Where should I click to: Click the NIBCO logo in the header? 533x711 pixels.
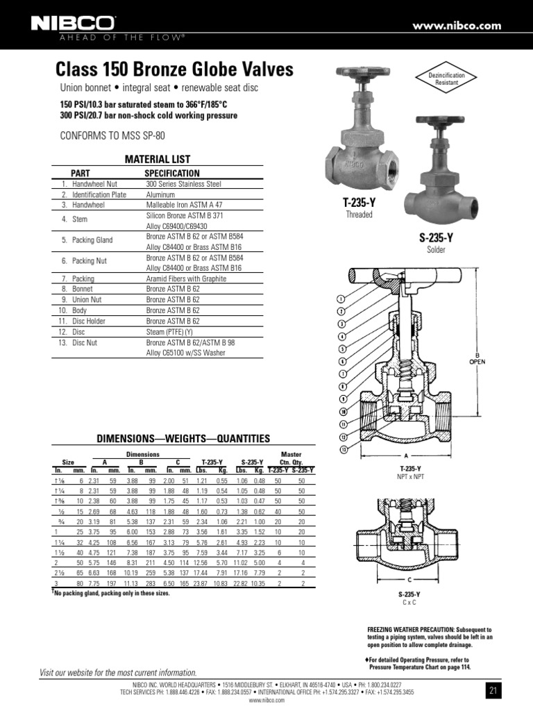point(74,24)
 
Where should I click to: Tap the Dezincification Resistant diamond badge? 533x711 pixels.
point(446,78)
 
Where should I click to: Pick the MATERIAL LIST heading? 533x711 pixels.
point(157,159)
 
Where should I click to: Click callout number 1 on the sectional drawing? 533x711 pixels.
point(341,298)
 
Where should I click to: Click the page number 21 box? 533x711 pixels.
point(493,689)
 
